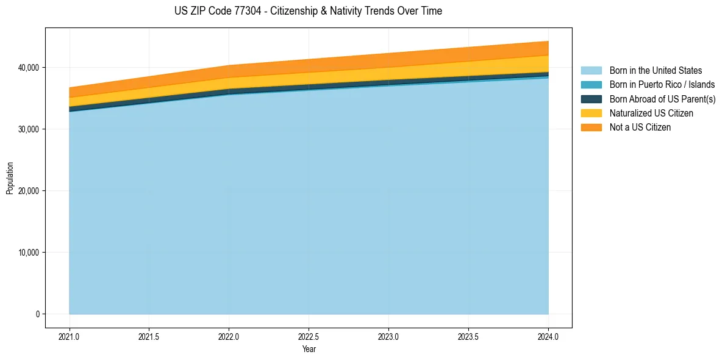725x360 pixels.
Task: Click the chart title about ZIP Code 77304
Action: pos(308,11)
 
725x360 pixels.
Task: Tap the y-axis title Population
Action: pos(10,178)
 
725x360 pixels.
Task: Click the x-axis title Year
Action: pos(309,349)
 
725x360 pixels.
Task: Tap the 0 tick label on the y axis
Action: pos(37,314)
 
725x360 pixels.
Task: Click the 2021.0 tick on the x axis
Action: pos(70,336)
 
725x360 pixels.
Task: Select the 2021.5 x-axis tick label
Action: pos(149,336)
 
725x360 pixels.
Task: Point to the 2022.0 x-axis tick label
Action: pos(229,336)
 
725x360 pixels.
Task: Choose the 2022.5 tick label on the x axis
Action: pos(309,336)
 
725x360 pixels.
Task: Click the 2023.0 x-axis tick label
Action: pos(388,336)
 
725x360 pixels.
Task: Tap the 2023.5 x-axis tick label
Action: pos(468,336)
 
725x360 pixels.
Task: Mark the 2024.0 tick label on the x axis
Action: pos(548,336)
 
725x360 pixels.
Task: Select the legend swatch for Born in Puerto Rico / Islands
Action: pos(591,85)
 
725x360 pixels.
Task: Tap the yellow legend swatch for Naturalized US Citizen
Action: pos(591,113)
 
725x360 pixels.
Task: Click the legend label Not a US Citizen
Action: pos(640,128)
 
